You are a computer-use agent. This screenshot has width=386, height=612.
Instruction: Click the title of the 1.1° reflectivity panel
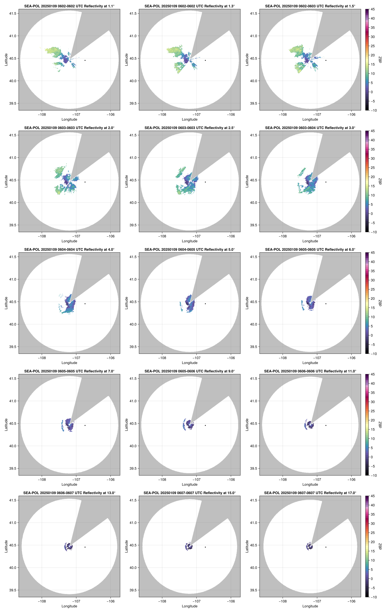pos(69,6)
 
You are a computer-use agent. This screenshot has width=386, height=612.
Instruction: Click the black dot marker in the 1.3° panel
pos(205,60)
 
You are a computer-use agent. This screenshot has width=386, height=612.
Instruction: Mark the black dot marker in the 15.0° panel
pos(205,547)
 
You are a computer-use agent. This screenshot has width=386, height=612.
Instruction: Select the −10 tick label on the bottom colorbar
pos(373,597)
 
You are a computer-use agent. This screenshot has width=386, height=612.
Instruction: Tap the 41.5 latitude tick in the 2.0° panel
pos(13,135)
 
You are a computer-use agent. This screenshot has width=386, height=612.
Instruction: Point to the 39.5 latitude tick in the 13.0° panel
pos(13,590)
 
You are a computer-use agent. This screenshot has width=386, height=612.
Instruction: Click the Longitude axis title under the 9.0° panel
pos(190,484)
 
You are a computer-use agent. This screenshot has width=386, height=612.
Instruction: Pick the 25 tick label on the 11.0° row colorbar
pos(373,411)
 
